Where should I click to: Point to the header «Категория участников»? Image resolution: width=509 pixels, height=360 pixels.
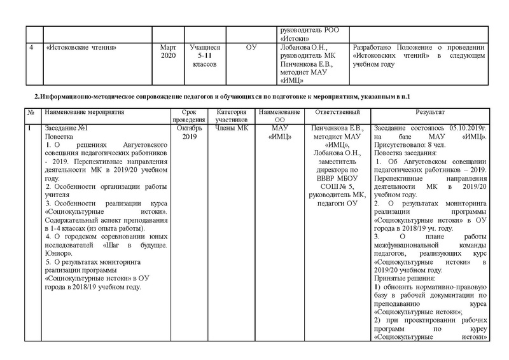tap(230, 115)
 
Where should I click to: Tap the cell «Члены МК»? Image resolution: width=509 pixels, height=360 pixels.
tap(230, 128)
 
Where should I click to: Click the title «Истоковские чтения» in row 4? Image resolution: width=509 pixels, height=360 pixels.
tap(80, 48)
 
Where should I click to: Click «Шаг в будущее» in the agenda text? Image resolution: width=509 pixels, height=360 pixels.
tap(139, 245)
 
